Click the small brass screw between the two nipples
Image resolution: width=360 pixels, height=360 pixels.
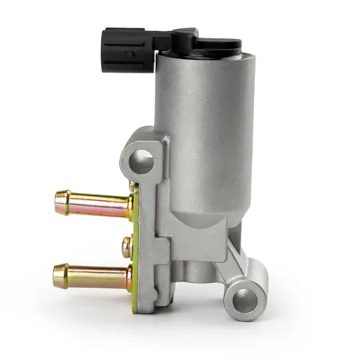(127, 247)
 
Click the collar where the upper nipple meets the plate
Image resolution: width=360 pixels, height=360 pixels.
(128, 208)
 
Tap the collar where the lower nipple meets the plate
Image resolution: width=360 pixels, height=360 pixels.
(127, 277)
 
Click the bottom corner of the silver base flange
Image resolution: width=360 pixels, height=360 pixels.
(148, 306)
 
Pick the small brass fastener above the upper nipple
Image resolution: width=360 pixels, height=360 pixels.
(132, 186)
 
